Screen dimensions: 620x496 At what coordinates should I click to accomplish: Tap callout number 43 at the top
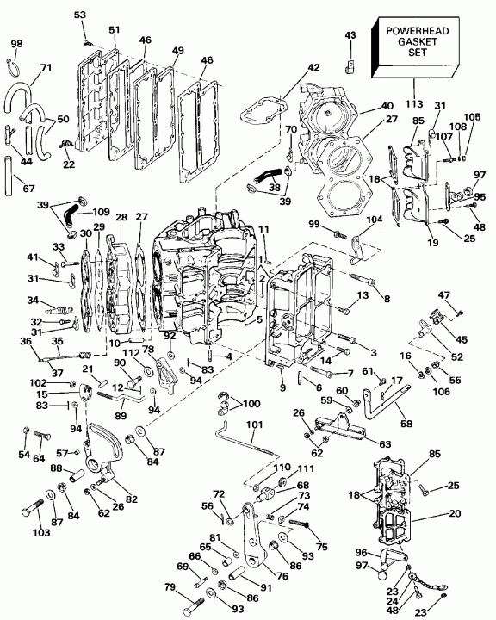350,34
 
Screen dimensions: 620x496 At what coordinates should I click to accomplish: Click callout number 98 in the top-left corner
16,44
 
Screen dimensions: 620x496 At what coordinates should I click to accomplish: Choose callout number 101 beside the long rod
254,425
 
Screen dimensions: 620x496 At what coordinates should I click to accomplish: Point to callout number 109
102,212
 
